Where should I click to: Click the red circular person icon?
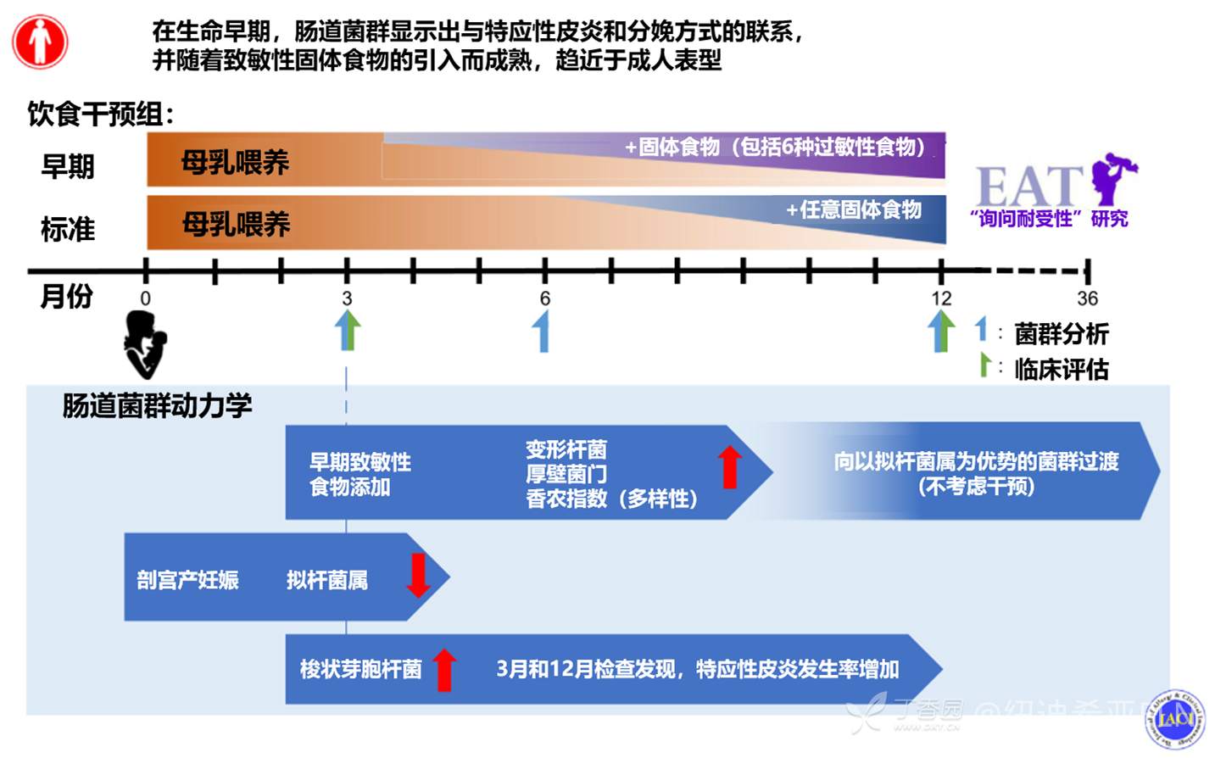click(x=40, y=42)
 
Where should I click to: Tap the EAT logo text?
click(x=1029, y=185)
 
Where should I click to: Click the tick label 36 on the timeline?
click(x=1087, y=298)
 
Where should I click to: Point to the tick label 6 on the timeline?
click(x=545, y=298)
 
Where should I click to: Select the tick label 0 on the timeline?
click(x=146, y=298)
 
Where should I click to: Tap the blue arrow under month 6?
click(x=542, y=331)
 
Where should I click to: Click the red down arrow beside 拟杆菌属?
click(x=418, y=575)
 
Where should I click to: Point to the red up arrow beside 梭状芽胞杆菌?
click(x=444, y=670)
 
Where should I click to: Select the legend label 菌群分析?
click(x=1061, y=334)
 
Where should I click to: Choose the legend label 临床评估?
click(x=1061, y=369)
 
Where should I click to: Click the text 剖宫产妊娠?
click(x=187, y=580)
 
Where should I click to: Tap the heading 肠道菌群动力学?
click(x=157, y=406)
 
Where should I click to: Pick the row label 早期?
click(x=67, y=165)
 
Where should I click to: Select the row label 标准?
click(x=67, y=229)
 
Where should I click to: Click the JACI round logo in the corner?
click(x=1175, y=719)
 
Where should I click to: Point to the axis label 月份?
click(x=66, y=297)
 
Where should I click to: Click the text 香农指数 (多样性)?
click(x=611, y=499)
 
